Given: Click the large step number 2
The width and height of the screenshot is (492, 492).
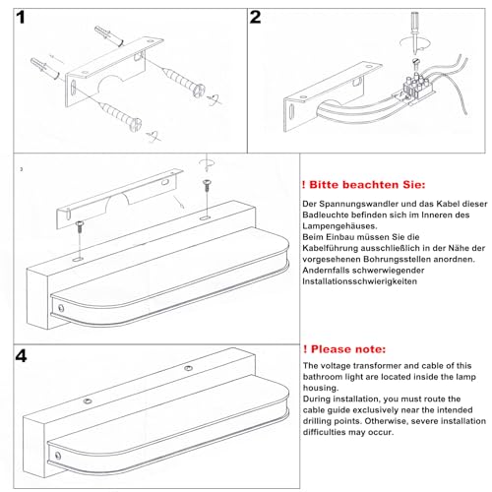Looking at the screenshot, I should click(256, 18).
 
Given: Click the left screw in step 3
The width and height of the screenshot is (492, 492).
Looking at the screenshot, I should click(78, 227).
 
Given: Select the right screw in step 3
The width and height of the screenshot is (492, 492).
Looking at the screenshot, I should click(207, 183).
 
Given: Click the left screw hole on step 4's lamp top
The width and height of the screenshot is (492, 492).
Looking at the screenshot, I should click(87, 400).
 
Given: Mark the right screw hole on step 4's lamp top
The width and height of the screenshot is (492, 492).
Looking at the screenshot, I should click(188, 367).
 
